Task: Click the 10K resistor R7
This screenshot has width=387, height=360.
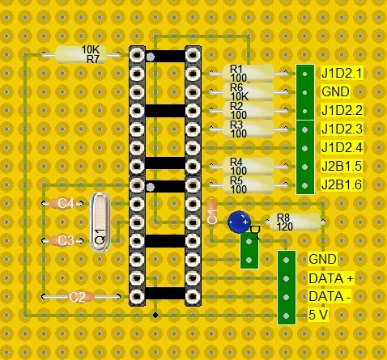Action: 80,55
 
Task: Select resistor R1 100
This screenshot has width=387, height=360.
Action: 249,73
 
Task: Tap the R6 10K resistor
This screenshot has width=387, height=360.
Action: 249,92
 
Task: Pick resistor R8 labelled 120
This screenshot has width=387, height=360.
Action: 295,222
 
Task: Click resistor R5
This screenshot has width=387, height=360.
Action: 249,185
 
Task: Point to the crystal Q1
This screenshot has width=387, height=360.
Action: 100,222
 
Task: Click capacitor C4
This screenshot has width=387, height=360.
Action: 62,204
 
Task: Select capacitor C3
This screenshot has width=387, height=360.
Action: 62,240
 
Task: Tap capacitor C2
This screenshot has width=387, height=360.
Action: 81,297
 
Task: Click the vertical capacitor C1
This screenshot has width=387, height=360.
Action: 211,213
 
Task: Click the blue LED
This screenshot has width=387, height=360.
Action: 239,222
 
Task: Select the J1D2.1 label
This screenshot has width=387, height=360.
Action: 342,74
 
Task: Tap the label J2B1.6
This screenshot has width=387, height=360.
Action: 342,185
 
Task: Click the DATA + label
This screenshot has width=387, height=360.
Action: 331,278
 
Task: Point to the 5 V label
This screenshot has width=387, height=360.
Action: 318,315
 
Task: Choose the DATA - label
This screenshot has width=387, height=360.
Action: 330,297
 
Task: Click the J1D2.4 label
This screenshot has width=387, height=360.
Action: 342,148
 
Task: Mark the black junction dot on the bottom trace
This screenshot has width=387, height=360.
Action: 155,315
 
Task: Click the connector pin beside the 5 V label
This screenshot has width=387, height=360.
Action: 287,316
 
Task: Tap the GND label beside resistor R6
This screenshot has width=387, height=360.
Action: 335,91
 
